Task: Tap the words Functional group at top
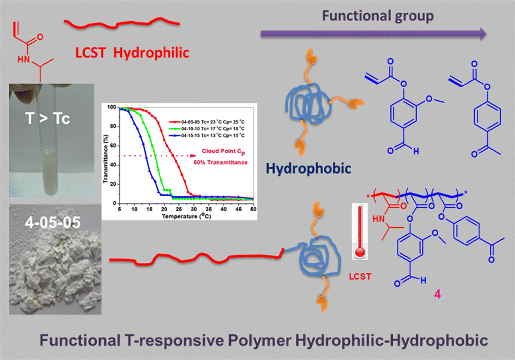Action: click(x=377, y=16)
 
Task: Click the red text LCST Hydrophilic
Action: click(x=132, y=53)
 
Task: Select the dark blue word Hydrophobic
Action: click(x=308, y=168)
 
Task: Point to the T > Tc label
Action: click(x=48, y=119)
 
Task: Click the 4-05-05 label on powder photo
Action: click(x=53, y=222)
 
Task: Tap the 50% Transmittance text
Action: click(x=220, y=162)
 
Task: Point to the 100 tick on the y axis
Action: click(x=111, y=107)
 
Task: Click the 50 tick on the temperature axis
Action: click(x=253, y=209)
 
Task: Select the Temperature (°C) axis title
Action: click(x=186, y=216)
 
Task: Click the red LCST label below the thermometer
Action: click(x=360, y=277)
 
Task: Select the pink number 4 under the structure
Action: click(x=437, y=294)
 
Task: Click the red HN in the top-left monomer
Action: click(x=23, y=59)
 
